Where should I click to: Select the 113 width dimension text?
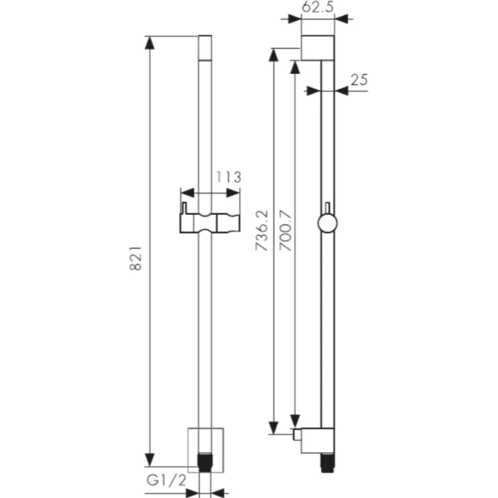coord(227,177)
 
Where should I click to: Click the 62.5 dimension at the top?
coord(317,7)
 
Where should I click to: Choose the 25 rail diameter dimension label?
coord(359,80)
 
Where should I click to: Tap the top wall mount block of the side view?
coord(318,48)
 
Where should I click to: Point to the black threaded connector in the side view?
coord(326,458)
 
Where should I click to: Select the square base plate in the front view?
coord(204,440)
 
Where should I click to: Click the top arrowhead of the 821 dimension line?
coord(150,42)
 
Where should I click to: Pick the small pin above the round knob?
coord(328,207)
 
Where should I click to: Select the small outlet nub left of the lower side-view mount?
coord(296,432)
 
